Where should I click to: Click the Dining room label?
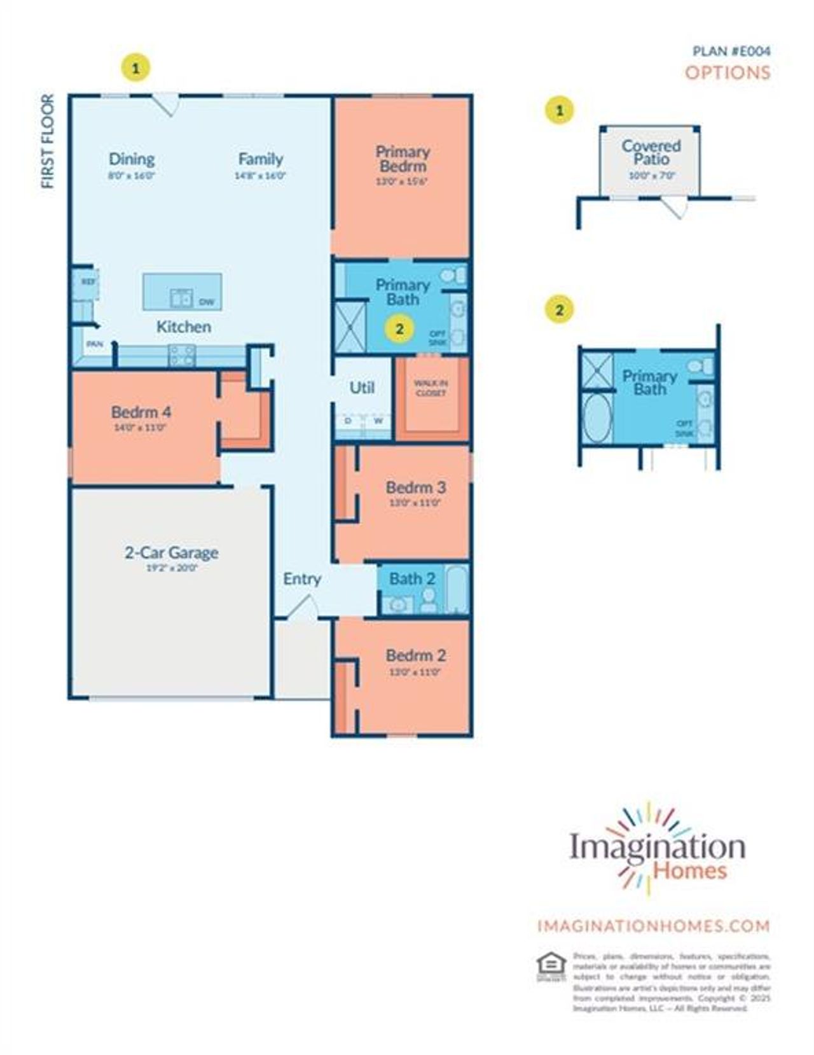pos(132,159)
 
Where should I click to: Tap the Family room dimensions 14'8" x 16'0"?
pos(260,176)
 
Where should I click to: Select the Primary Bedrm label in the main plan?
pos(402,158)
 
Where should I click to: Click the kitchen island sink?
pos(181,298)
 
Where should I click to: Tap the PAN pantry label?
pos(95,344)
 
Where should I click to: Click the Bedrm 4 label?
pos(141,412)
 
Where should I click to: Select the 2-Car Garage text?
pos(171,552)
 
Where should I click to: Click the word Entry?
pos(301,578)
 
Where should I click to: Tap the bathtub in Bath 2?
pos(456,589)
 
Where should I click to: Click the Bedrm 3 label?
pos(416,487)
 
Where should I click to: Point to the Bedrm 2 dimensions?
pos(415,672)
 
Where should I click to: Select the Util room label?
pos(362,387)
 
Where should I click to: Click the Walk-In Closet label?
pos(431,388)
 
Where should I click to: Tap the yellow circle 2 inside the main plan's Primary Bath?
pos(399,329)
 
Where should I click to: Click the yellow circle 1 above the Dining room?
pos(136,67)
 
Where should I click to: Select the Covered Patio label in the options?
pos(651,152)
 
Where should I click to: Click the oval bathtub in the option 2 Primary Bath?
pos(597,417)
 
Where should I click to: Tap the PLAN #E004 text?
pos(731,52)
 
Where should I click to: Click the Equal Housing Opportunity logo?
pos(551,966)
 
